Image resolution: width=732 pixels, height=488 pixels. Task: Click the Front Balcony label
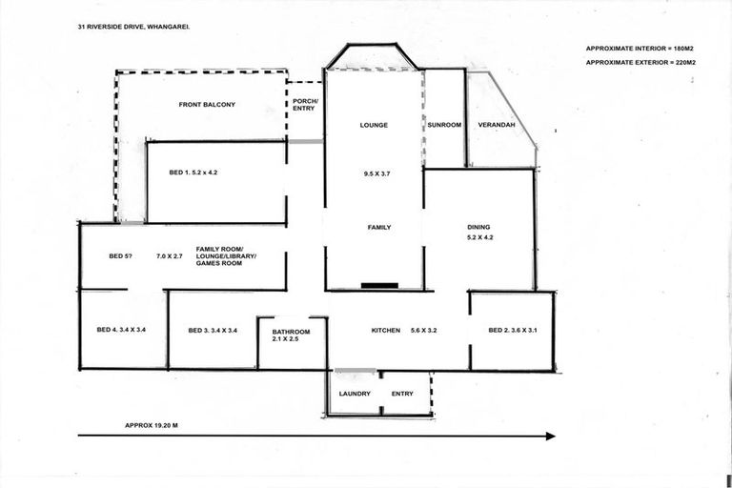click(207, 104)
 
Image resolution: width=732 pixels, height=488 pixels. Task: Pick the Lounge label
click(374, 125)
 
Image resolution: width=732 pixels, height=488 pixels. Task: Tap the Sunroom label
click(444, 125)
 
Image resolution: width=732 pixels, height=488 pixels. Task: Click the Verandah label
click(497, 125)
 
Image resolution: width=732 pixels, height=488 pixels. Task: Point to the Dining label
click(478, 227)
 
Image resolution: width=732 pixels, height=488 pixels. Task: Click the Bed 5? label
click(120, 255)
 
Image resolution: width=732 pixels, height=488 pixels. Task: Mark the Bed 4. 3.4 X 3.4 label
click(121, 330)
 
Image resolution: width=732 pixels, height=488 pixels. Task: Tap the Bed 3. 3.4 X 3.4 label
click(212, 330)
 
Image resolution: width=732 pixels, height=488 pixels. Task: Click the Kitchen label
click(385, 330)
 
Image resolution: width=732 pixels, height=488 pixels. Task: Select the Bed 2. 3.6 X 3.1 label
click(513, 330)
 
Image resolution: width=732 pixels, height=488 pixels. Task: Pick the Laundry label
click(355, 393)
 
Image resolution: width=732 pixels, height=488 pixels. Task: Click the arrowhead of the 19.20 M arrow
click(550, 437)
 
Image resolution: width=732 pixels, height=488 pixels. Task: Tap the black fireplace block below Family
click(378, 285)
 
